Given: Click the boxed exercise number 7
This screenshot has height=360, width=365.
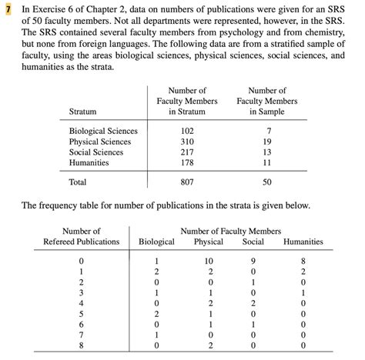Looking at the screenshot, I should (8, 8).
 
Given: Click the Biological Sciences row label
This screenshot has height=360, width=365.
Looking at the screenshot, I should (103, 131).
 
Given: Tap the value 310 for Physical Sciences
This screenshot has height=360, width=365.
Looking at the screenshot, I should (187, 142).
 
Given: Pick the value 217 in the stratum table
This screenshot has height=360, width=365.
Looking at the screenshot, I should (187, 152).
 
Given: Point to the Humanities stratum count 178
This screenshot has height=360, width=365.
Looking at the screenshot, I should (187, 163).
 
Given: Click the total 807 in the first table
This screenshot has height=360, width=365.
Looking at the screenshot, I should (187, 183).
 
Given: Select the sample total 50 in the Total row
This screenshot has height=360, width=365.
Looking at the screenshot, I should (267, 183).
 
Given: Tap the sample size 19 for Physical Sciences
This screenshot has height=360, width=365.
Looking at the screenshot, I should (267, 142).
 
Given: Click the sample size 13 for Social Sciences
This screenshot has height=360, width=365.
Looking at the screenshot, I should (267, 152).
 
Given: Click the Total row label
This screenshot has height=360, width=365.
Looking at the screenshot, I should (78, 183).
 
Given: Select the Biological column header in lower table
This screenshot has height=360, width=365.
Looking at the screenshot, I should (156, 242).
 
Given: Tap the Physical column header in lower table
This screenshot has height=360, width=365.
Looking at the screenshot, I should (209, 242).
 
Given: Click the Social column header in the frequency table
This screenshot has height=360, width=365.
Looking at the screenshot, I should (253, 242).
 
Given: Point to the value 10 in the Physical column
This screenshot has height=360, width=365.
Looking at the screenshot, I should (209, 262).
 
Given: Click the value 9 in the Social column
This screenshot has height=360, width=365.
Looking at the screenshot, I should (253, 262).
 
